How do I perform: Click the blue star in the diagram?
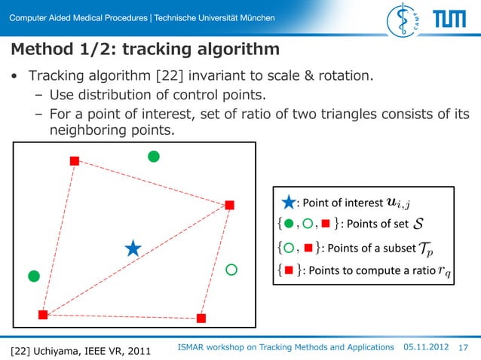click(133, 249)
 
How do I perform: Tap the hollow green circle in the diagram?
click(231, 269)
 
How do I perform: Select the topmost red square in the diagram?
click(74, 160)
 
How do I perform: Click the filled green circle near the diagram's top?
click(154, 157)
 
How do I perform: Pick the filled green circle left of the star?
click(33, 276)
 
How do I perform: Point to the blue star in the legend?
click(289, 202)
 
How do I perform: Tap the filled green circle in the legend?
click(289, 224)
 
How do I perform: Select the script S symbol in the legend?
click(418, 224)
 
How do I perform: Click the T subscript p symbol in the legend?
click(426, 249)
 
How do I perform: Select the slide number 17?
click(464, 347)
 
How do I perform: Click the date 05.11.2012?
click(426, 346)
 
